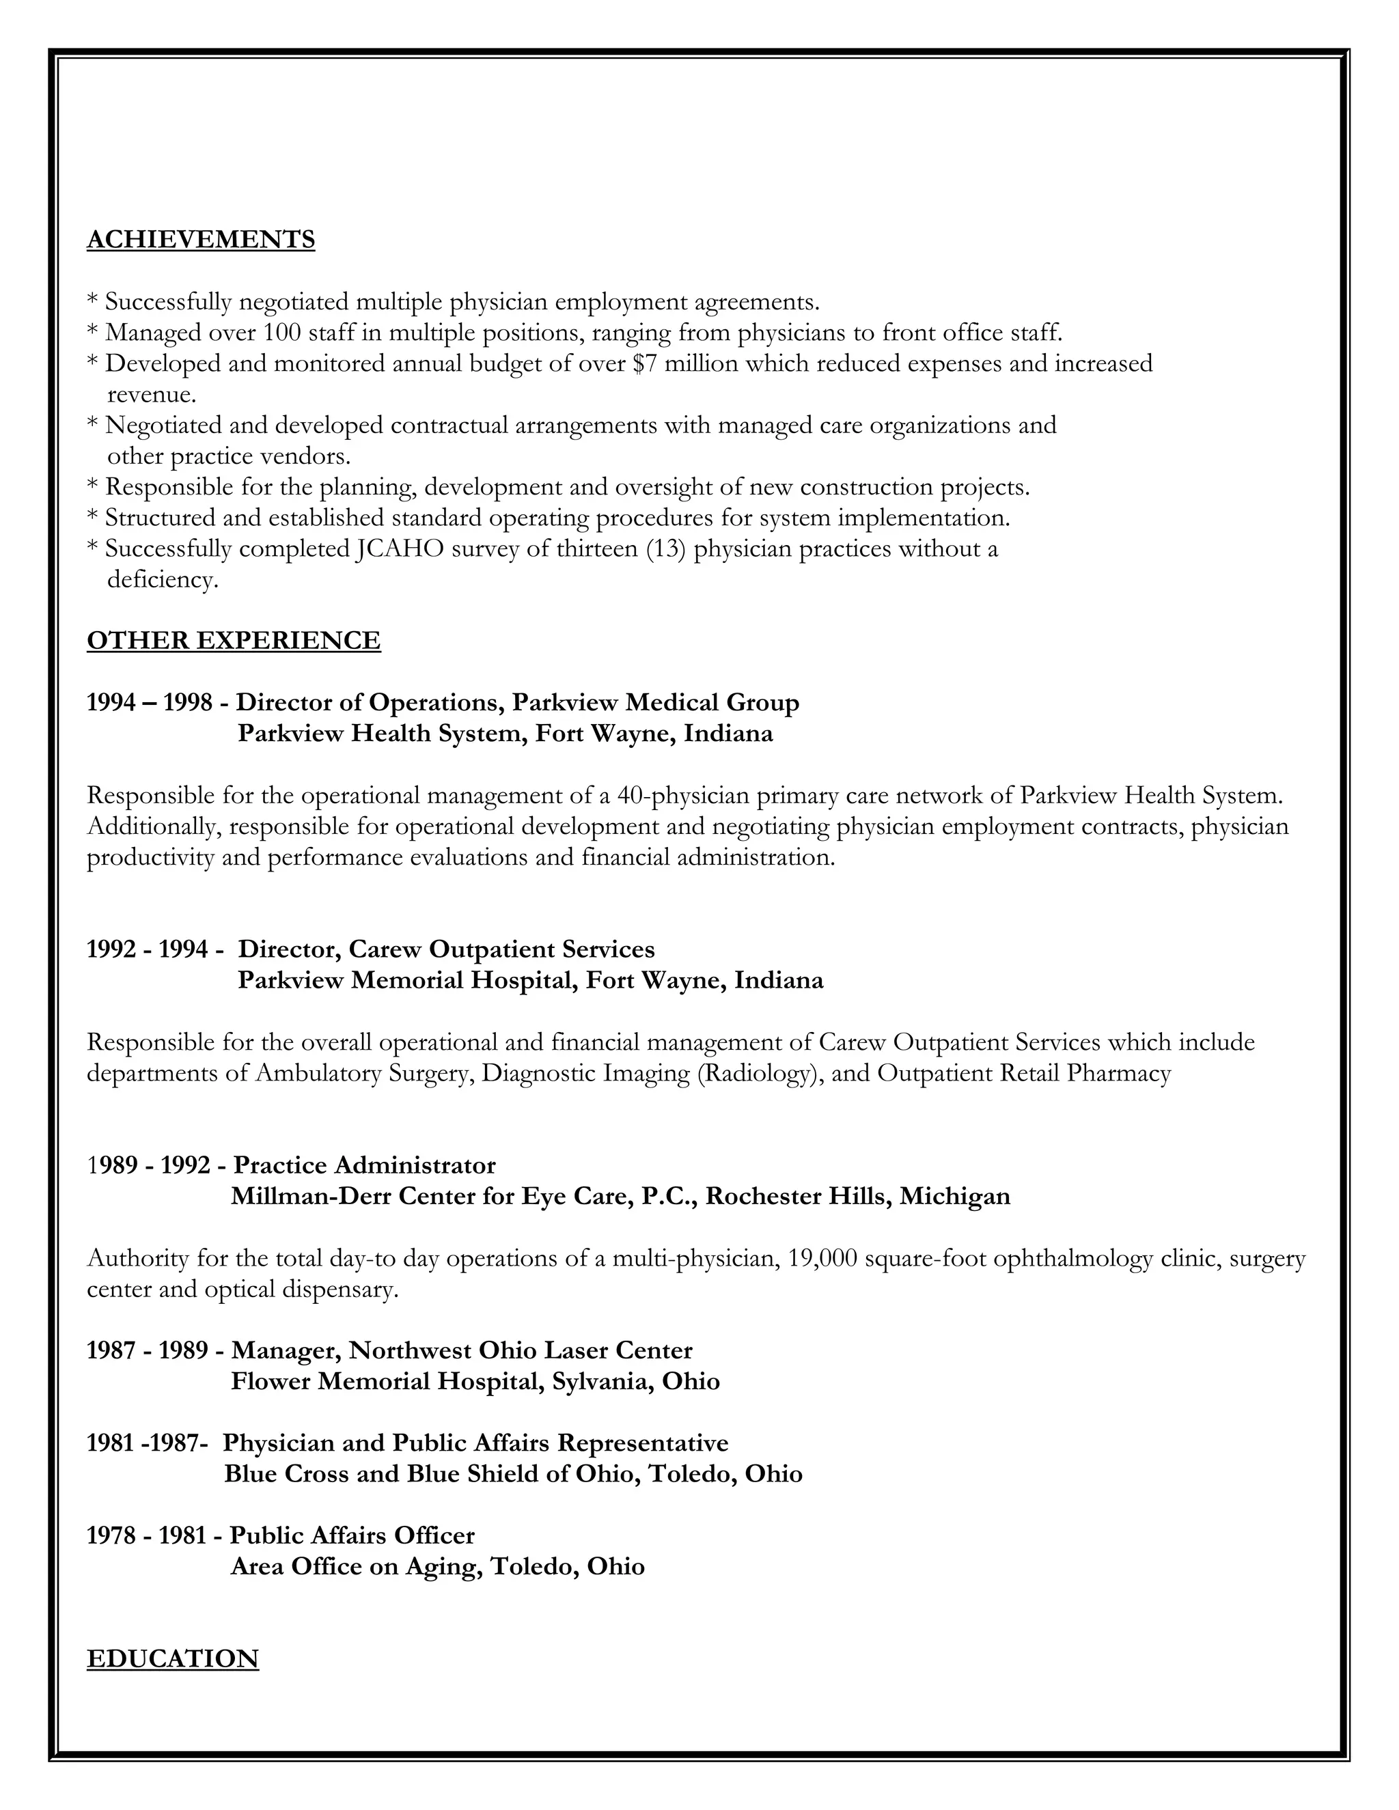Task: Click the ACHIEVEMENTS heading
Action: pyautogui.click(x=201, y=240)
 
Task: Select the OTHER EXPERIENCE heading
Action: pyautogui.click(x=234, y=641)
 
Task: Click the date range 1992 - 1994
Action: pyautogui.click(x=148, y=950)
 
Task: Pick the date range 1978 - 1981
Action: pyautogui.click(x=147, y=1535)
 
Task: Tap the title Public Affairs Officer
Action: pyautogui.click(x=352, y=1535)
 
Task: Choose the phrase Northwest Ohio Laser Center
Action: pyautogui.click(x=521, y=1351)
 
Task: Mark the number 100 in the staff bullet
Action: pyautogui.click(x=282, y=333)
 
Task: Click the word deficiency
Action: pyautogui.click(x=163, y=580)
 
